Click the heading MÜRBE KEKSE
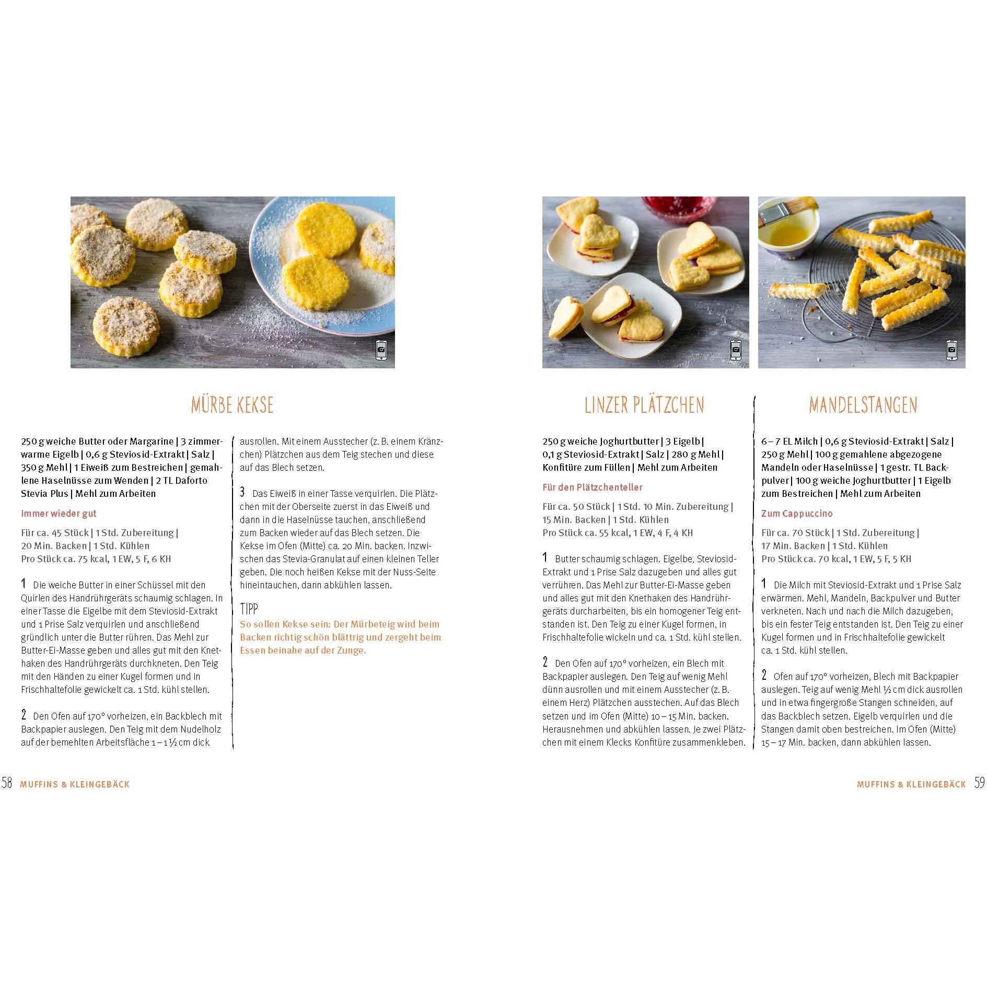(x=232, y=405)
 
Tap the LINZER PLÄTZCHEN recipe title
(x=644, y=405)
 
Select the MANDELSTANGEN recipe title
(x=863, y=405)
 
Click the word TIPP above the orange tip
(x=249, y=609)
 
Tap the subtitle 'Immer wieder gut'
(x=59, y=514)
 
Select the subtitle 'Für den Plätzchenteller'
(x=592, y=487)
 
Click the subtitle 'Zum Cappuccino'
(x=797, y=514)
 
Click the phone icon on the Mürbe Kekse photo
(x=381, y=350)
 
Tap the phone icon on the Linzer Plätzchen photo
(x=736, y=350)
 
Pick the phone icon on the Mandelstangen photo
(x=952, y=350)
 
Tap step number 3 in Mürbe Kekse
(x=242, y=492)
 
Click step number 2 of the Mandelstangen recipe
(x=764, y=675)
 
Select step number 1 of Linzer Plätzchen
(x=545, y=558)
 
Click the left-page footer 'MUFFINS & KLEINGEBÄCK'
(x=75, y=784)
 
